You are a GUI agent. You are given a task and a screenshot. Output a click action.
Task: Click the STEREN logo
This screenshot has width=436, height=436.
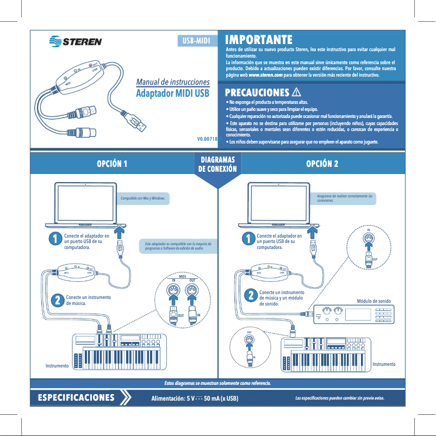click(75, 41)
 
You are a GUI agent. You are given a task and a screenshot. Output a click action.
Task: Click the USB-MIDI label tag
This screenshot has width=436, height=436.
click(196, 41)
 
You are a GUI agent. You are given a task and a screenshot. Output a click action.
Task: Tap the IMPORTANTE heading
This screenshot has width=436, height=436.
click(259, 40)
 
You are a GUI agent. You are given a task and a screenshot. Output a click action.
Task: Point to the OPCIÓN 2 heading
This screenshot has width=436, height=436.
click(322, 164)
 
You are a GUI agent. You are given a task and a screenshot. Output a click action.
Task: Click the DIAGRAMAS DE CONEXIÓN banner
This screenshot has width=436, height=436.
click(217, 165)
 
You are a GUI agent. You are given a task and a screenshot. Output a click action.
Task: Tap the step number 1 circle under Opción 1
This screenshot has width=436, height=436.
click(54, 239)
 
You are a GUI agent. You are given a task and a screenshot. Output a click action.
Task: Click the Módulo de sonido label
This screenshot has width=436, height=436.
click(373, 301)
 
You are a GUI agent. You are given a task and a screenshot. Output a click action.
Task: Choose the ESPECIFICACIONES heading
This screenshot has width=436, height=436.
click(76, 397)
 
